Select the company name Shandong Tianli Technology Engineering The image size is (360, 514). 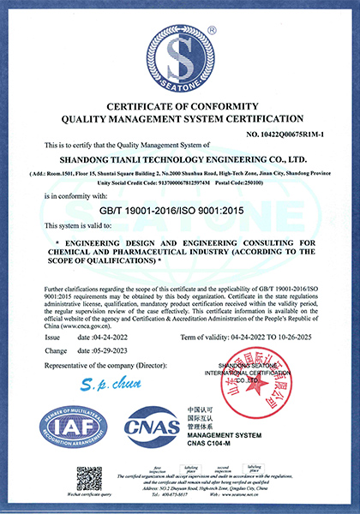click(x=180, y=158)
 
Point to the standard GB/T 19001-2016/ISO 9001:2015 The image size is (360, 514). click(x=179, y=209)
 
